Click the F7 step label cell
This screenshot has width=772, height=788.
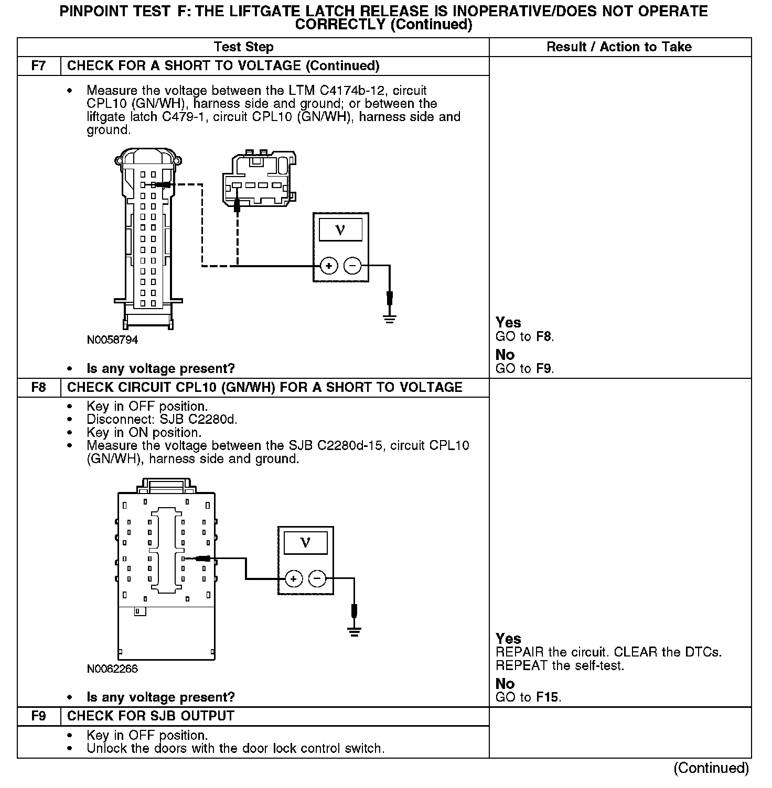(x=39, y=66)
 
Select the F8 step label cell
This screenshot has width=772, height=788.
(x=39, y=388)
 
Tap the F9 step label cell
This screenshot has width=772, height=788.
(x=39, y=716)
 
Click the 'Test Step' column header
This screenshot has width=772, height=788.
(x=244, y=47)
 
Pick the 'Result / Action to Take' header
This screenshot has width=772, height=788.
(x=619, y=47)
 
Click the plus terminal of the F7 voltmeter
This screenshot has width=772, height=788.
(x=329, y=266)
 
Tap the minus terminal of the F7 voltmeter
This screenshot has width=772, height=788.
(x=352, y=266)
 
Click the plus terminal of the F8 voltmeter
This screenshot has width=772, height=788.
(x=294, y=579)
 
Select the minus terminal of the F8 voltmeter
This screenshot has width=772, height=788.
(x=317, y=579)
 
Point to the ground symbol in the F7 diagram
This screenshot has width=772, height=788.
(x=389, y=318)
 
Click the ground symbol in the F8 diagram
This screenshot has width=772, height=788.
(x=355, y=631)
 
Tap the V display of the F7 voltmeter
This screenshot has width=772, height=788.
(x=340, y=229)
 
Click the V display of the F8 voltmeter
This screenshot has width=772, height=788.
(x=305, y=543)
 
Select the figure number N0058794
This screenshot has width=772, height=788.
(x=113, y=340)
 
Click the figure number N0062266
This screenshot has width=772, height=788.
(x=113, y=669)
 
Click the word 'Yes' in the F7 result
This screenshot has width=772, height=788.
(x=508, y=323)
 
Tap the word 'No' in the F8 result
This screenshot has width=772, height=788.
(x=505, y=684)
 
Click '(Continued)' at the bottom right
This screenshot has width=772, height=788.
(x=711, y=768)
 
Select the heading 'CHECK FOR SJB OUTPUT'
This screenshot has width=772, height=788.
(x=151, y=716)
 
